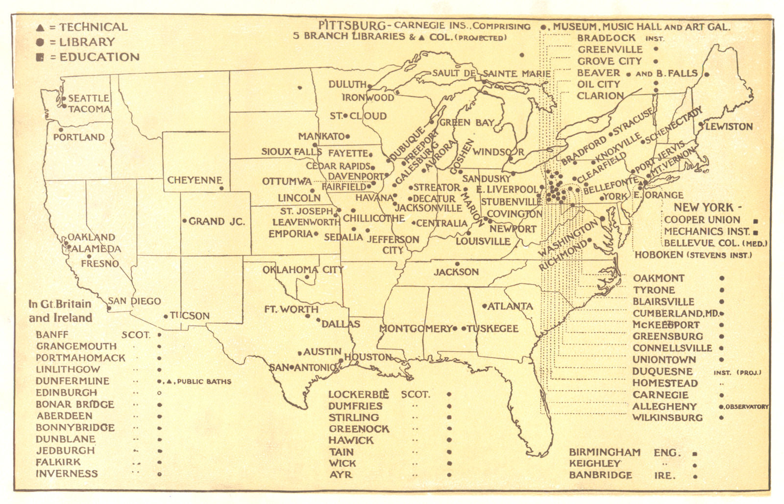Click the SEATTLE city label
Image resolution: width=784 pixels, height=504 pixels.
click(x=88, y=98)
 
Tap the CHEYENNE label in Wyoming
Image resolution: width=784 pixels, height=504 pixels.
click(x=195, y=180)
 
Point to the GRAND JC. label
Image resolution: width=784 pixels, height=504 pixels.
click(x=217, y=221)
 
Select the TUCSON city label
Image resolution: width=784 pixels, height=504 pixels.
click(x=190, y=316)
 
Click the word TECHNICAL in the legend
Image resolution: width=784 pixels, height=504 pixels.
click(x=93, y=27)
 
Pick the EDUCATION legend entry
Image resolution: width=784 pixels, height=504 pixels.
click(x=99, y=57)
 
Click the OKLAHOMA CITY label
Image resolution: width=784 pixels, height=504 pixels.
click(x=303, y=270)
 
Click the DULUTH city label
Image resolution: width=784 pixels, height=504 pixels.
click(x=347, y=84)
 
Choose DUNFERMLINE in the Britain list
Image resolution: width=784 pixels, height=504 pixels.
click(x=72, y=381)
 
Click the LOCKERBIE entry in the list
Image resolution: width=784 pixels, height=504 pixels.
click(x=358, y=394)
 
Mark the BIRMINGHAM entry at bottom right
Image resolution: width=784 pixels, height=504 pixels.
click(x=604, y=452)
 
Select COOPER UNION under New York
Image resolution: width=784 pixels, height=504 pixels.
click(x=702, y=220)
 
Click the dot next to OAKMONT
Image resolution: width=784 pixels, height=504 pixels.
click(x=721, y=278)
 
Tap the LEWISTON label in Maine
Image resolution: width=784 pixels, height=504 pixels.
click(x=729, y=126)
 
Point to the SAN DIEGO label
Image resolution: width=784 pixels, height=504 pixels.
click(x=134, y=301)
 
